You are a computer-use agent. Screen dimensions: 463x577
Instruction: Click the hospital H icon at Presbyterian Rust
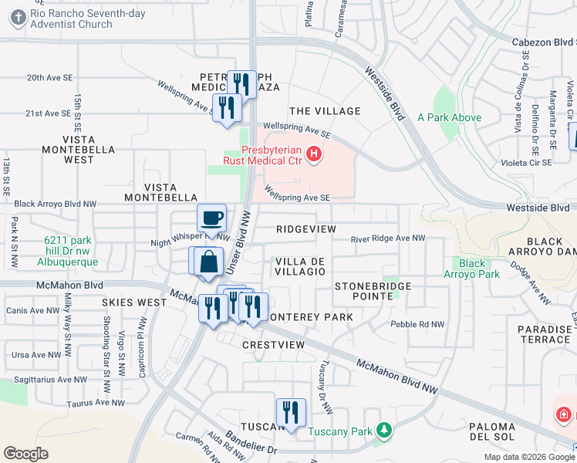313,154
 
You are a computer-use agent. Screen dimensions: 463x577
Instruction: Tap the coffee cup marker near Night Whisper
211,218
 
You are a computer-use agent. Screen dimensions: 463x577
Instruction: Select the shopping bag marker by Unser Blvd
208,262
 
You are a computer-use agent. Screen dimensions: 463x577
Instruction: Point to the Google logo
25,454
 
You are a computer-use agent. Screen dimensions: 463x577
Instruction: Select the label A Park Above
449,118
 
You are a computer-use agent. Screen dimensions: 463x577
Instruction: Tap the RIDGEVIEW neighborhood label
306,230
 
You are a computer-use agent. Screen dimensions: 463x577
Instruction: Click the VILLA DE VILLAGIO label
300,266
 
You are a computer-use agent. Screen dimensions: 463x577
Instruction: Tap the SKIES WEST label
133,302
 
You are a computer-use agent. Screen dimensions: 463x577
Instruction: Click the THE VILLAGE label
325,111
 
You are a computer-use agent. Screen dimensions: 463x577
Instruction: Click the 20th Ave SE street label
49,78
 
